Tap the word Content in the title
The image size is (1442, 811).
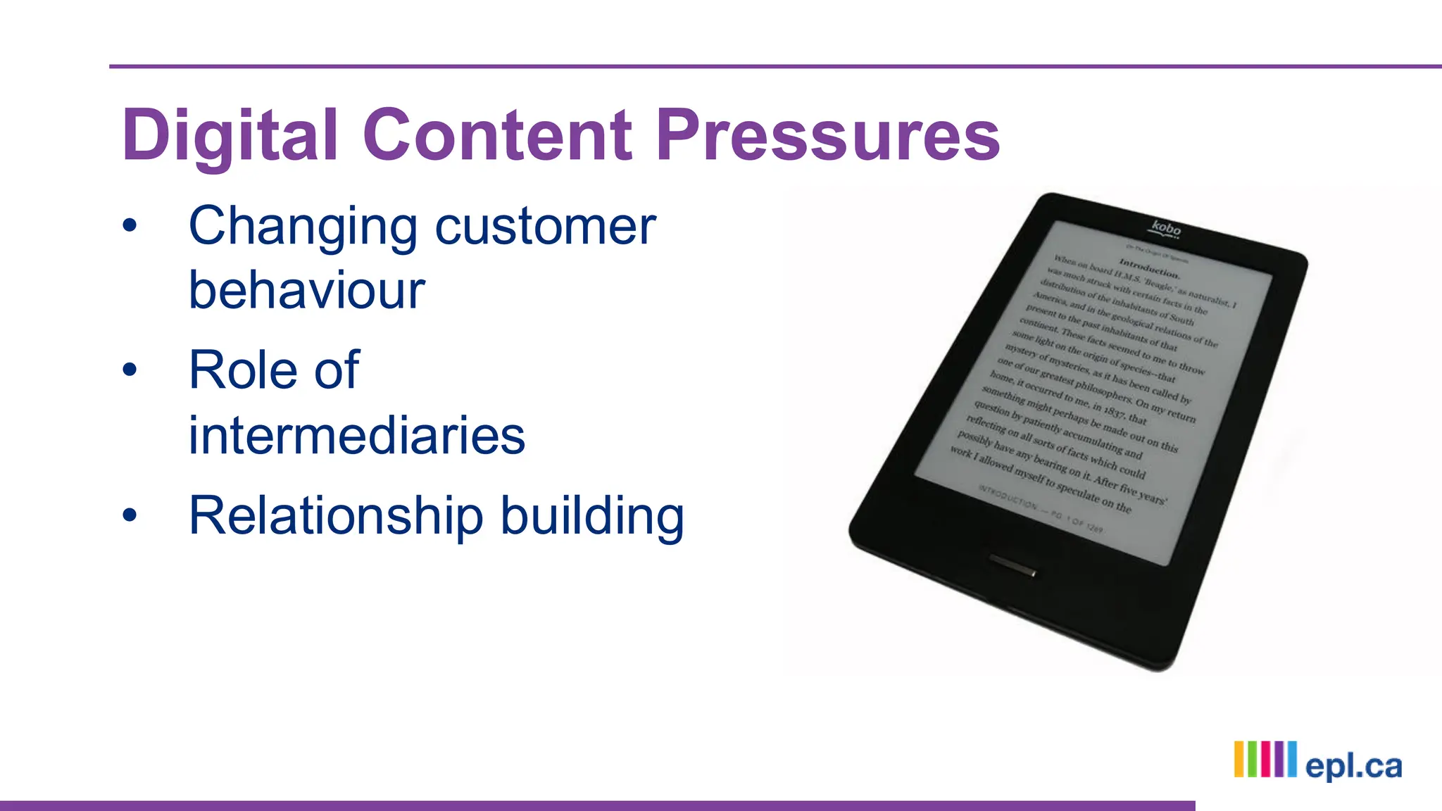pos(497,135)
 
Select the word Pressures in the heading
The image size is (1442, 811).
pos(827,135)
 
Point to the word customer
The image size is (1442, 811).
pos(546,227)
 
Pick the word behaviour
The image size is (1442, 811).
pos(307,290)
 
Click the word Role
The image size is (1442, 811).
pos(243,370)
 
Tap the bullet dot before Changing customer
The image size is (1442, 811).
pos(130,226)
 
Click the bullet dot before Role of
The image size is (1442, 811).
pos(130,370)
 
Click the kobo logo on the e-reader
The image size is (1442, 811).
pos(1166,229)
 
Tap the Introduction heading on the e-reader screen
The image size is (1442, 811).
pos(1149,268)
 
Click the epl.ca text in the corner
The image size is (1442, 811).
pos(1353,766)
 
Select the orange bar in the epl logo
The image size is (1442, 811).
pos(1239,759)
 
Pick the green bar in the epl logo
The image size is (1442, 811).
pos(1253,759)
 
